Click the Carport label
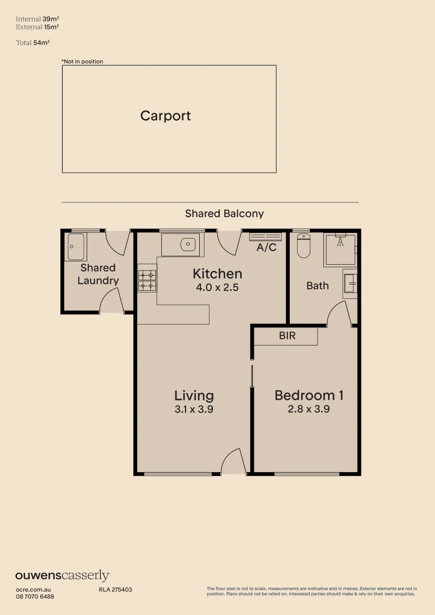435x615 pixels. click(165, 116)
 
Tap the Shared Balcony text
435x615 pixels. click(224, 214)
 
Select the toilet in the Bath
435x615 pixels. click(303, 247)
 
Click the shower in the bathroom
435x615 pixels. click(340, 249)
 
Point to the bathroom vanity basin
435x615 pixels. click(351, 283)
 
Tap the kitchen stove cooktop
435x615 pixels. click(147, 280)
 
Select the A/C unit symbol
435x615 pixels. click(265, 236)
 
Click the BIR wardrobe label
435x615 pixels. click(287, 336)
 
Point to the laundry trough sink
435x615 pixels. click(76, 247)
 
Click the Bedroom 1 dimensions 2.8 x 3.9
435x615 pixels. click(309, 409)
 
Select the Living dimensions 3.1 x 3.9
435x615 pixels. click(194, 409)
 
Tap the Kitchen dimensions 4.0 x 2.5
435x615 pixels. click(217, 288)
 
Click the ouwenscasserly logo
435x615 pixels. click(62, 576)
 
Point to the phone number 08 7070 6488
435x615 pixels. click(35, 596)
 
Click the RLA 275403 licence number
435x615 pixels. click(116, 589)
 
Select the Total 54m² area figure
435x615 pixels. click(34, 42)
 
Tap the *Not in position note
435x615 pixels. click(83, 61)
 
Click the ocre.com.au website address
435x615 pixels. click(34, 589)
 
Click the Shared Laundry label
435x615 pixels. click(98, 274)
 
